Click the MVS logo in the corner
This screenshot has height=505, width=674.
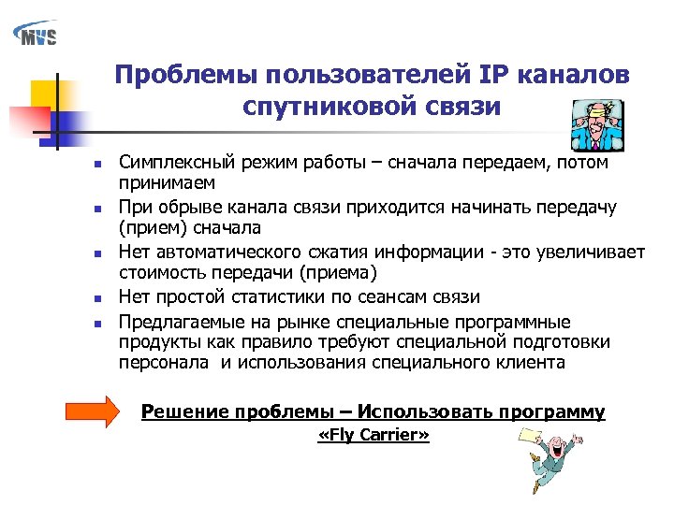tap(36, 34)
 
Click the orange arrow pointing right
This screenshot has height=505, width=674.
tap(92, 411)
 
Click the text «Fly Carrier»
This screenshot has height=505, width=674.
tap(374, 436)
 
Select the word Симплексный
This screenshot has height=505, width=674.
tap(174, 163)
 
